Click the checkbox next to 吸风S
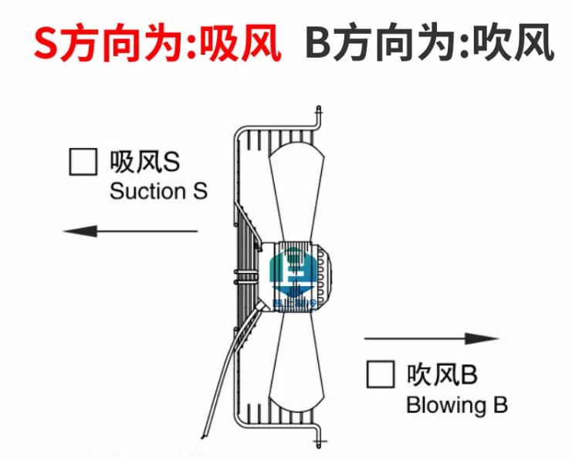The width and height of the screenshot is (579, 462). coord(83,161)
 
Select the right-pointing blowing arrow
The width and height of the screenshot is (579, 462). coord(432,339)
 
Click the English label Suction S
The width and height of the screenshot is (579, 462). coord(158,191)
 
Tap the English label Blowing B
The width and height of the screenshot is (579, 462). coord(456,405)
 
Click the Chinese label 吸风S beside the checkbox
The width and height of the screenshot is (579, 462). coord(144,161)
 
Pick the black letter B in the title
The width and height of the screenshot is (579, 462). coord(318,44)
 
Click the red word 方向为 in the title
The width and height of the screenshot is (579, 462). coord(127,44)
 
